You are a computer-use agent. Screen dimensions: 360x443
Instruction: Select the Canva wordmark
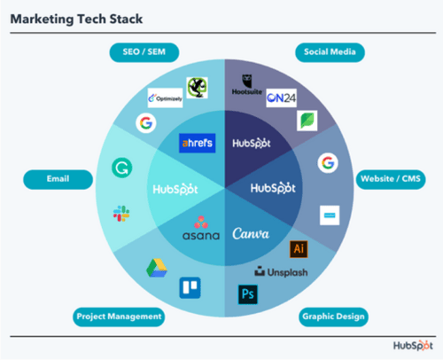pos(251,235)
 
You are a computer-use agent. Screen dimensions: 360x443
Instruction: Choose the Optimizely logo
pos(167,98)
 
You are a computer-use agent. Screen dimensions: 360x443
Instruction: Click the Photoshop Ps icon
pos(247,293)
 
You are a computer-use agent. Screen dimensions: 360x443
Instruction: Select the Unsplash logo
pos(281,271)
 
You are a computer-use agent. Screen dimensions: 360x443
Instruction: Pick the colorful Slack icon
pos(121,214)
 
